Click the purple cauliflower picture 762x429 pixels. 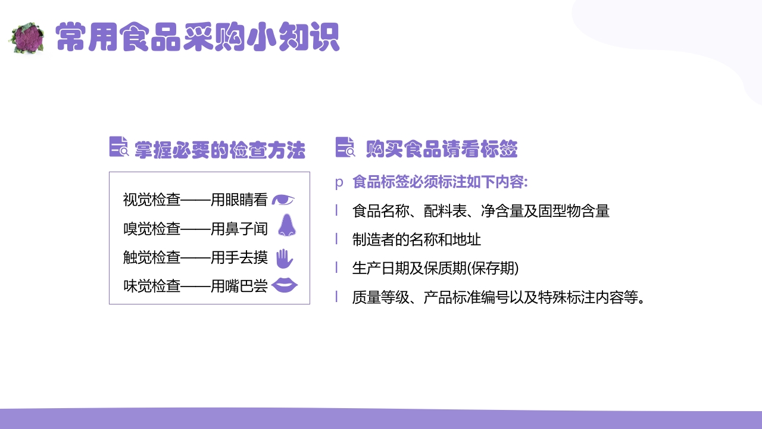coord(27,39)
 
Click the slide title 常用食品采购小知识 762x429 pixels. coord(197,38)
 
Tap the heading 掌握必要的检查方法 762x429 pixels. coord(220,150)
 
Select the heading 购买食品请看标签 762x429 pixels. coord(441,149)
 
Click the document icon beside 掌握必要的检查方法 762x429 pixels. coord(119,147)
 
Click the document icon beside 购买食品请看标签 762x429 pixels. coord(345,147)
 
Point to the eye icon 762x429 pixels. coord(283,200)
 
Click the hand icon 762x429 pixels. coord(285,259)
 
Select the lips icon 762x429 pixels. coord(285,286)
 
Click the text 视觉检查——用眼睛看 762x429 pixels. coord(195,200)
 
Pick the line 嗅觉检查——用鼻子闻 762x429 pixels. coord(195,229)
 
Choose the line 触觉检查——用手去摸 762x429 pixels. coord(195,257)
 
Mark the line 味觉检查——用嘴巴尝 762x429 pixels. coord(195,286)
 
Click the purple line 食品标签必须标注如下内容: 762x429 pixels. coord(440,182)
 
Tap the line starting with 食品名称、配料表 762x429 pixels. coord(480,211)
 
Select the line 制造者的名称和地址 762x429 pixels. coord(417,240)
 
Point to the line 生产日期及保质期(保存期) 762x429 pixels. coord(435,268)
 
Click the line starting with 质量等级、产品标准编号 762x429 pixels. coord(499,297)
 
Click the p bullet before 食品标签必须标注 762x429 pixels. coord(339,183)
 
